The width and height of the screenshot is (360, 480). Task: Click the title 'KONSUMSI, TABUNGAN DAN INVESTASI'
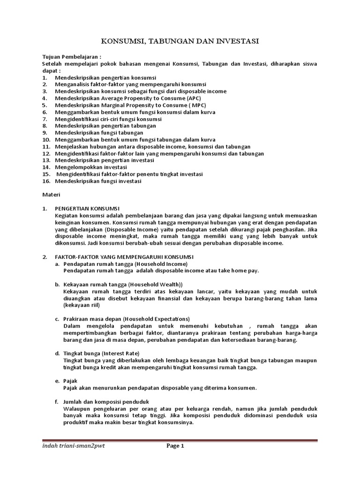(x=180, y=42)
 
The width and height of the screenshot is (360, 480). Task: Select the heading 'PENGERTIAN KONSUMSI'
(x=88, y=208)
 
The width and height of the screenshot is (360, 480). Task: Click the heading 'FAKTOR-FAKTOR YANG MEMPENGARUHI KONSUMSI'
(x=124, y=257)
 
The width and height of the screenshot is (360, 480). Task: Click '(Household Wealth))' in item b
(x=156, y=285)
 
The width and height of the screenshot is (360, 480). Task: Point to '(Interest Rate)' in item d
(x=121, y=353)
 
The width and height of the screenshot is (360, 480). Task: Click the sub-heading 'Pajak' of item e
(x=70, y=381)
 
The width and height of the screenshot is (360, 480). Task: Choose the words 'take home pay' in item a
(x=238, y=270)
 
